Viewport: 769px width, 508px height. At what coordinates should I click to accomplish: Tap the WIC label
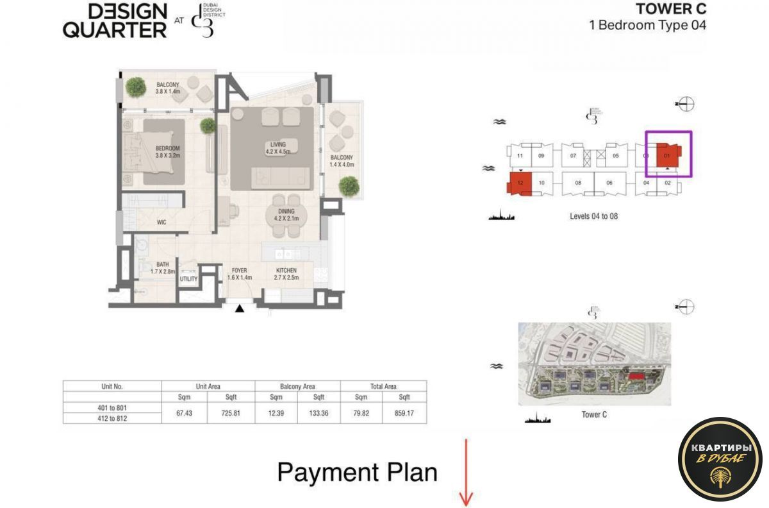point(162,223)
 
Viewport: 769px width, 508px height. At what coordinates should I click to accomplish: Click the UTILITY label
point(189,279)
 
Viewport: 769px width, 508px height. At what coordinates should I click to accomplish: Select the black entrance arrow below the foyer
point(240,309)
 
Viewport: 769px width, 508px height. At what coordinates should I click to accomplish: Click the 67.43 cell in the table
point(184,414)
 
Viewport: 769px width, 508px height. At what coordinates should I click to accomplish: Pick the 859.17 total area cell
point(404,414)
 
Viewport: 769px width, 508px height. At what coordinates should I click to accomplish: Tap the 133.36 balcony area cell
point(318,414)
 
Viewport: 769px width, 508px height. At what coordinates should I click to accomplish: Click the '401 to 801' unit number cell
point(112,408)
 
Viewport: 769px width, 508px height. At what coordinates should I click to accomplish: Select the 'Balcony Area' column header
point(297,386)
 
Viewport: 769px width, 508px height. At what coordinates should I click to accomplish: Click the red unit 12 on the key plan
point(520,183)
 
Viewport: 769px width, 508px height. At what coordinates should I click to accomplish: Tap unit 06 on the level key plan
point(609,183)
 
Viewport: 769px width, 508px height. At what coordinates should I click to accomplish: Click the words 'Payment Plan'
point(357,473)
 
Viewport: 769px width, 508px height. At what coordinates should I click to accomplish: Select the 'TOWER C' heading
point(670,9)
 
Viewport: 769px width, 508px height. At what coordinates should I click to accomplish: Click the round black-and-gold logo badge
point(720,459)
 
